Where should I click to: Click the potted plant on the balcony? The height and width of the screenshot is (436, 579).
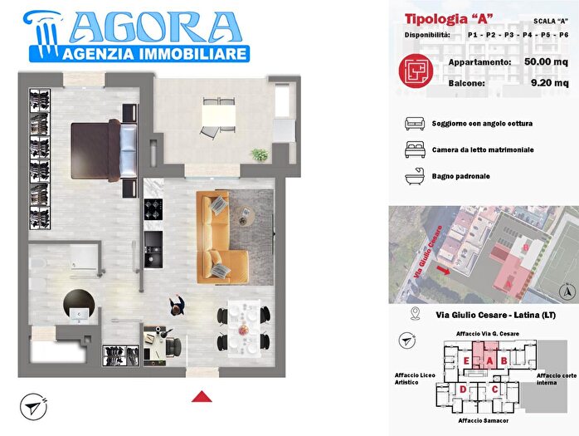point(260,154)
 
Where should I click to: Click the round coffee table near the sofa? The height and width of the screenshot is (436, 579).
point(246,218)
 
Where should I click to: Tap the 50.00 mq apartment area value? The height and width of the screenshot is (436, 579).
point(547,62)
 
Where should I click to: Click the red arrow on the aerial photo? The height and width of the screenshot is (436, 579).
point(445,270)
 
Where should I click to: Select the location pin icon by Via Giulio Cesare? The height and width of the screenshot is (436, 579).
point(416,314)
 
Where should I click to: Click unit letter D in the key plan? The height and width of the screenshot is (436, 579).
point(462,389)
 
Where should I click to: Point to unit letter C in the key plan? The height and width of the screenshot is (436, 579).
point(495,389)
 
